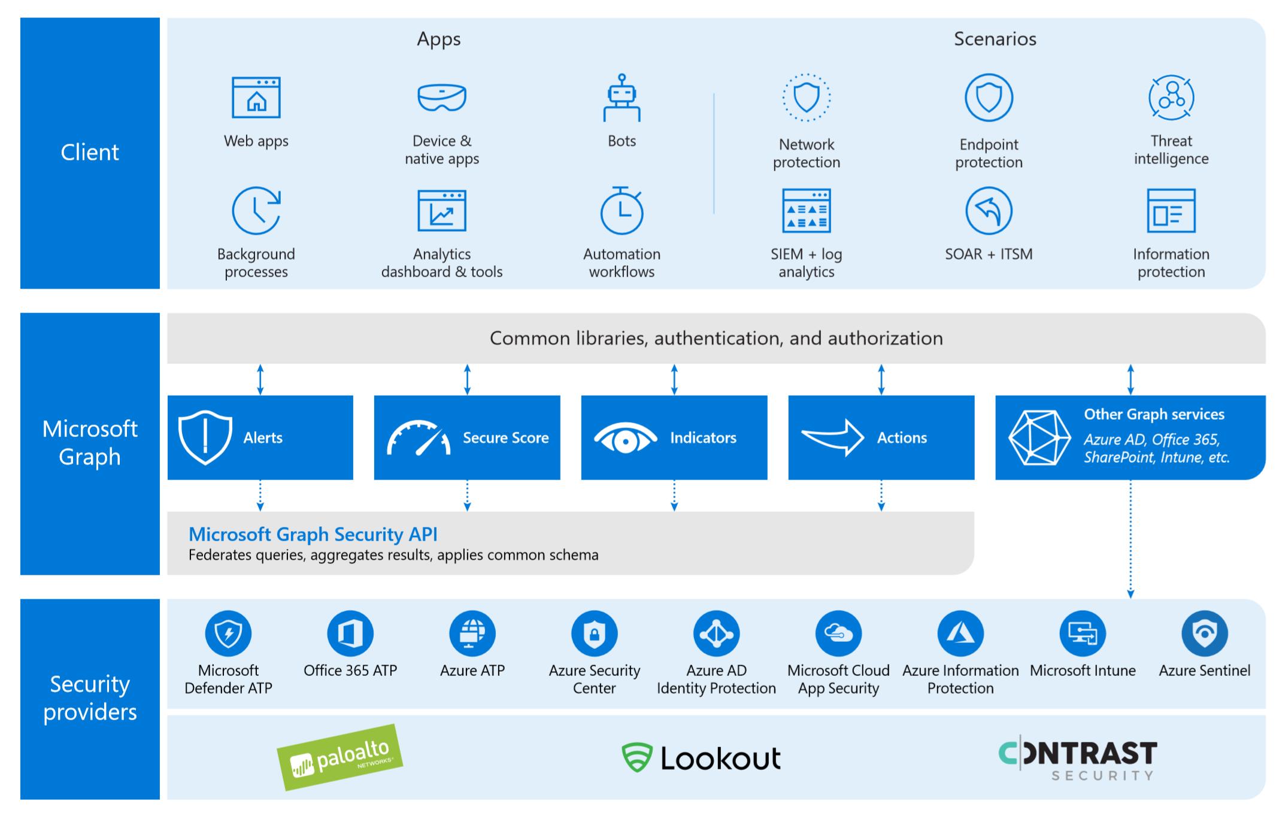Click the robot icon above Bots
pos(622,98)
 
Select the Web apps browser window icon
pos(256,98)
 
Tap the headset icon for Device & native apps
pos(442,98)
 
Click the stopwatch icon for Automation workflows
pos(622,211)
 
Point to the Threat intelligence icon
pos(1171,98)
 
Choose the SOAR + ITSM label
pos(989,254)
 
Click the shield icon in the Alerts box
pos(205,437)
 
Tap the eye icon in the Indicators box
pos(625,438)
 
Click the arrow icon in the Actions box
pos(833,437)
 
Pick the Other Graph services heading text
pos(1154,414)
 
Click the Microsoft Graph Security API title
pos(313,534)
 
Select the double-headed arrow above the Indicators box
pos(674,379)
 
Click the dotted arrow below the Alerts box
pos(260,495)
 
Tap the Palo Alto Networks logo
pos(340,757)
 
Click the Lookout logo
pos(701,757)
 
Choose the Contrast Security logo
pos(1078,759)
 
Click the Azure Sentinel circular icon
pos(1204,633)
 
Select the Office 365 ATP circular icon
pos(350,633)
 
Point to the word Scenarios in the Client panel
pos(995,39)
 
